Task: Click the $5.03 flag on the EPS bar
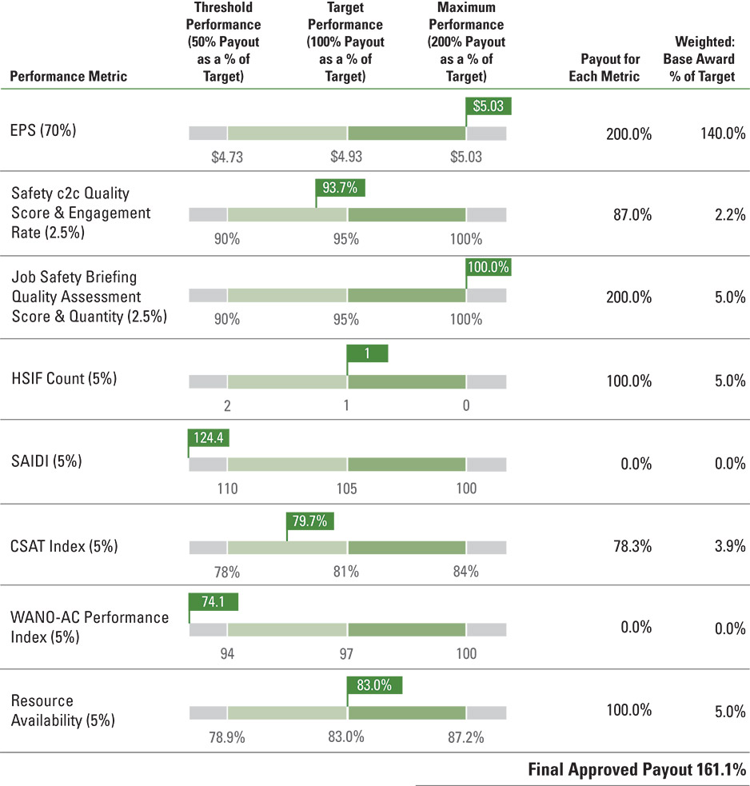click(488, 106)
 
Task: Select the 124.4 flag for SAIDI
click(209, 437)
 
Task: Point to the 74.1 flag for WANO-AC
click(213, 602)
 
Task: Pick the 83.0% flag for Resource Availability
click(374, 685)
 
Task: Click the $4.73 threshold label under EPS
click(226, 157)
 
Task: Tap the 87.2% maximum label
click(466, 737)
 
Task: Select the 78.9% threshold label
click(226, 737)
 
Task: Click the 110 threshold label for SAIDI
click(227, 489)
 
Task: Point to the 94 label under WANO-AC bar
click(227, 654)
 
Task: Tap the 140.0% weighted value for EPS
click(722, 134)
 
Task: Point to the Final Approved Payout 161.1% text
click(636, 770)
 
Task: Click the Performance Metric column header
click(69, 77)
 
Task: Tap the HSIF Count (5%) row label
click(64, 379)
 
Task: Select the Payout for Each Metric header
click(610, 68)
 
